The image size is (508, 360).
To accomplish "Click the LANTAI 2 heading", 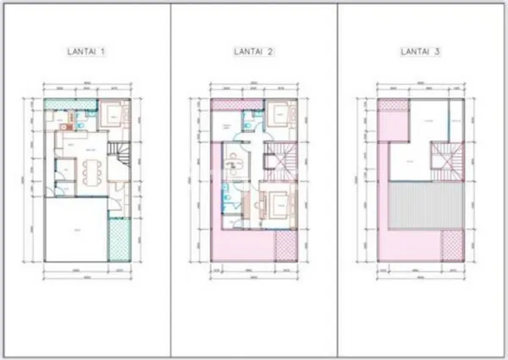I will [253, 53].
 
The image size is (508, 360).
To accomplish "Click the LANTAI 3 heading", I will [420, 53].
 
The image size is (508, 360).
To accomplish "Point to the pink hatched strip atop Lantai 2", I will [225, 103].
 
